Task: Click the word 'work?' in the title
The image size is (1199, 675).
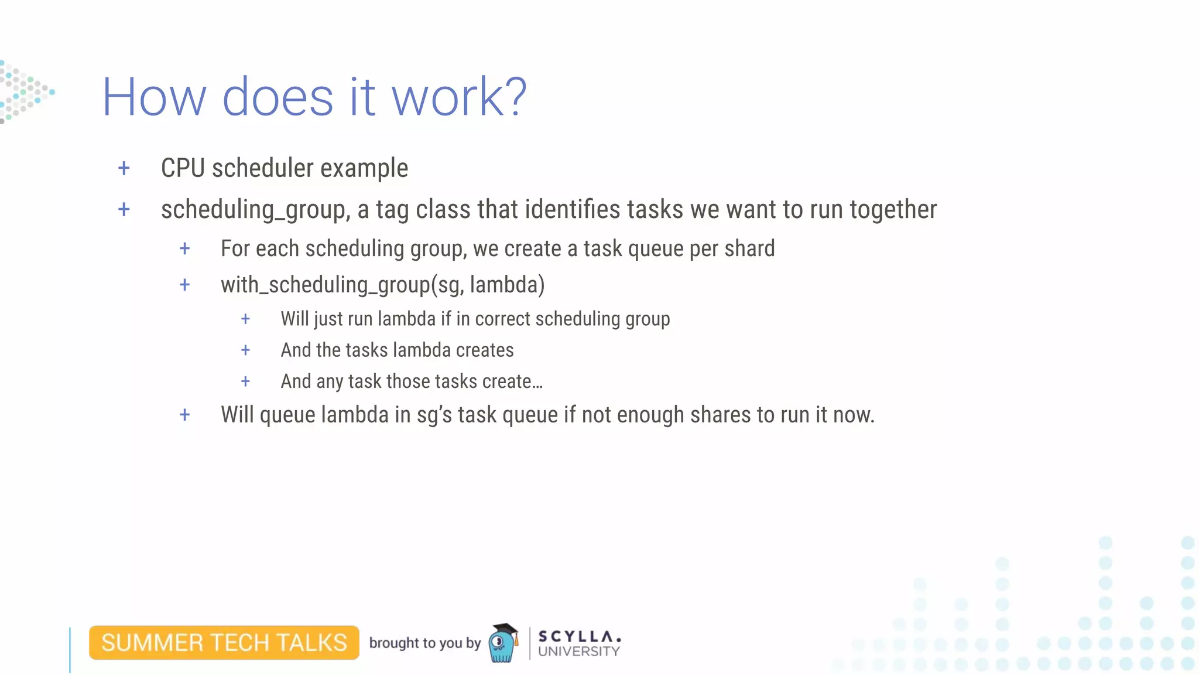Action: click(x=459, y=97)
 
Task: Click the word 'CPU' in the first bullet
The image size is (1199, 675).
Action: click(x=183, y=168)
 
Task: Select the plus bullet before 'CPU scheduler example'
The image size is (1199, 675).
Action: click(x=124, y=169)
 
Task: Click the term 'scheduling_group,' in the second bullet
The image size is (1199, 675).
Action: click(x=255, y=210)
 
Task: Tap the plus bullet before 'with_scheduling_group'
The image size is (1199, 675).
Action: click(x=184, y=285)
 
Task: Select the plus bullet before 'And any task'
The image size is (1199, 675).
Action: click(x=245, y=381)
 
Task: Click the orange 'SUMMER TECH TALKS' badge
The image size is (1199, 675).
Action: click(x=224, y=643)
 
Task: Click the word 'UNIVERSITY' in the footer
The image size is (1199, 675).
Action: click(x=578, y=652)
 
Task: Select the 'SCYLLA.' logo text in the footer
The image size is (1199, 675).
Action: click(x=579, y=636)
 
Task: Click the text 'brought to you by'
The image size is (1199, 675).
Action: click(x=424, y=643)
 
